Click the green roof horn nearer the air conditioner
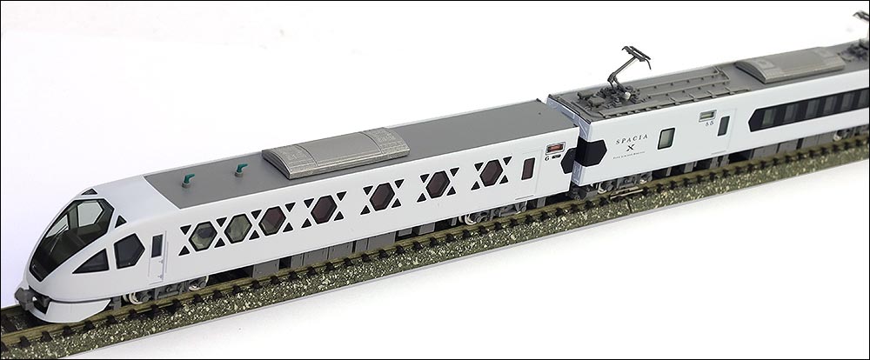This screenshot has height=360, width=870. tap(240, 169)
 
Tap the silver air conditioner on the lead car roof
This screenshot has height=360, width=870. tap(336, 153)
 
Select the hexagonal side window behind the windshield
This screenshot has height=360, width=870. tap(128, 250)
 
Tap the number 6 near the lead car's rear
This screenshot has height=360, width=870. tap(545, 157)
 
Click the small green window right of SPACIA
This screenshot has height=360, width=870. tap(666, 137)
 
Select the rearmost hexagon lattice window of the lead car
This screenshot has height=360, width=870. tap(492, 172)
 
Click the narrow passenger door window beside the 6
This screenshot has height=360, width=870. tap(527, 169)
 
